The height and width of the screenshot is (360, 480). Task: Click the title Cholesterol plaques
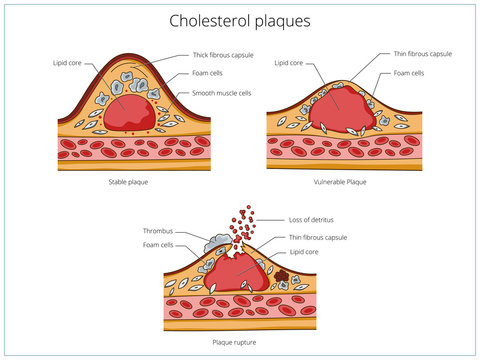(x=240, y=20)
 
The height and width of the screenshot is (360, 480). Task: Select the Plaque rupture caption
(x=236, y=341)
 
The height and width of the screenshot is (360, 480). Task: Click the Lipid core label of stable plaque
(x=68, y=62)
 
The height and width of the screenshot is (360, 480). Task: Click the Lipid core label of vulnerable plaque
(x=289, y=62)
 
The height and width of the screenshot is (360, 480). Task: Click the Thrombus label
(x=158, y=229)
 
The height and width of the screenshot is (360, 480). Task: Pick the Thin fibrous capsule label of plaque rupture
(x=319, y=238)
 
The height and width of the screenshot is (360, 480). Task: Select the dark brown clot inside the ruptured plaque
(x=283, y=273)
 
